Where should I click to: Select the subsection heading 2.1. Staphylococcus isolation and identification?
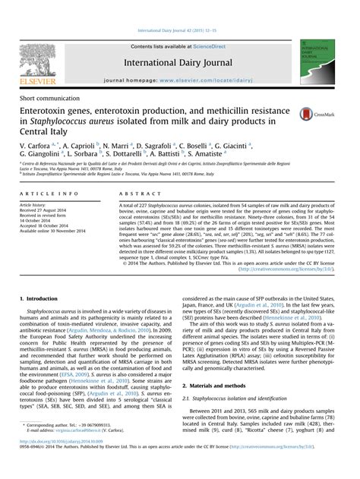(x=242, y=397)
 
